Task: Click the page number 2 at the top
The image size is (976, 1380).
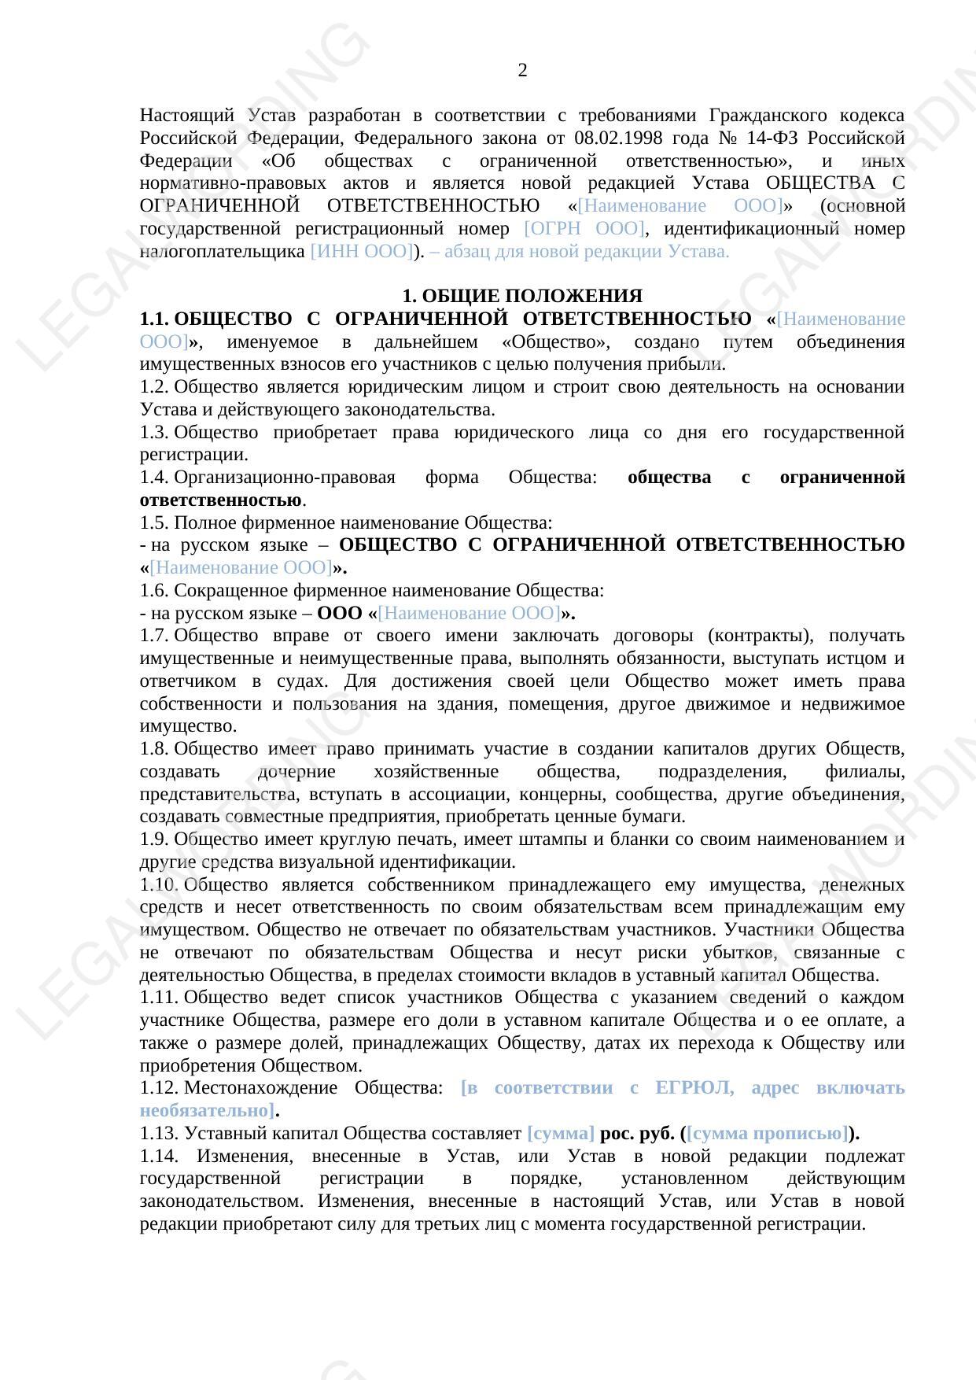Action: pyautogui.click(x=522, y=71)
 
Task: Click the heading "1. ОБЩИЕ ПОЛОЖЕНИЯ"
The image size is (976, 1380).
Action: pyautogui.click(x=522, y=297)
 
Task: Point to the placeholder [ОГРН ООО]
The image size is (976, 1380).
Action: pyautogui.click(x=584, y=229)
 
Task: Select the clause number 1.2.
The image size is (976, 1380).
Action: pyautogui.click(x=153, y=387)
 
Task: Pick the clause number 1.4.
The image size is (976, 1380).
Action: pyautogui.click(x=153, y=478)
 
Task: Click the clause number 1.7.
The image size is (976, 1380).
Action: pyautogui.click(x=153, y=636)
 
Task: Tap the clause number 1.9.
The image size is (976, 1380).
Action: pyautogui.click(x=153, y=839)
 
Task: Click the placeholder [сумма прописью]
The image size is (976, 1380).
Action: pyautogui.click(x=768, y=1134)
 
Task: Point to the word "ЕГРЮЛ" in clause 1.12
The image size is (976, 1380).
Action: pyautogui.click(x=694, y=1088)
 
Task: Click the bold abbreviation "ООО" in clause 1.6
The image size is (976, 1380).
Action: pyautogui.click(x=340, y=614)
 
